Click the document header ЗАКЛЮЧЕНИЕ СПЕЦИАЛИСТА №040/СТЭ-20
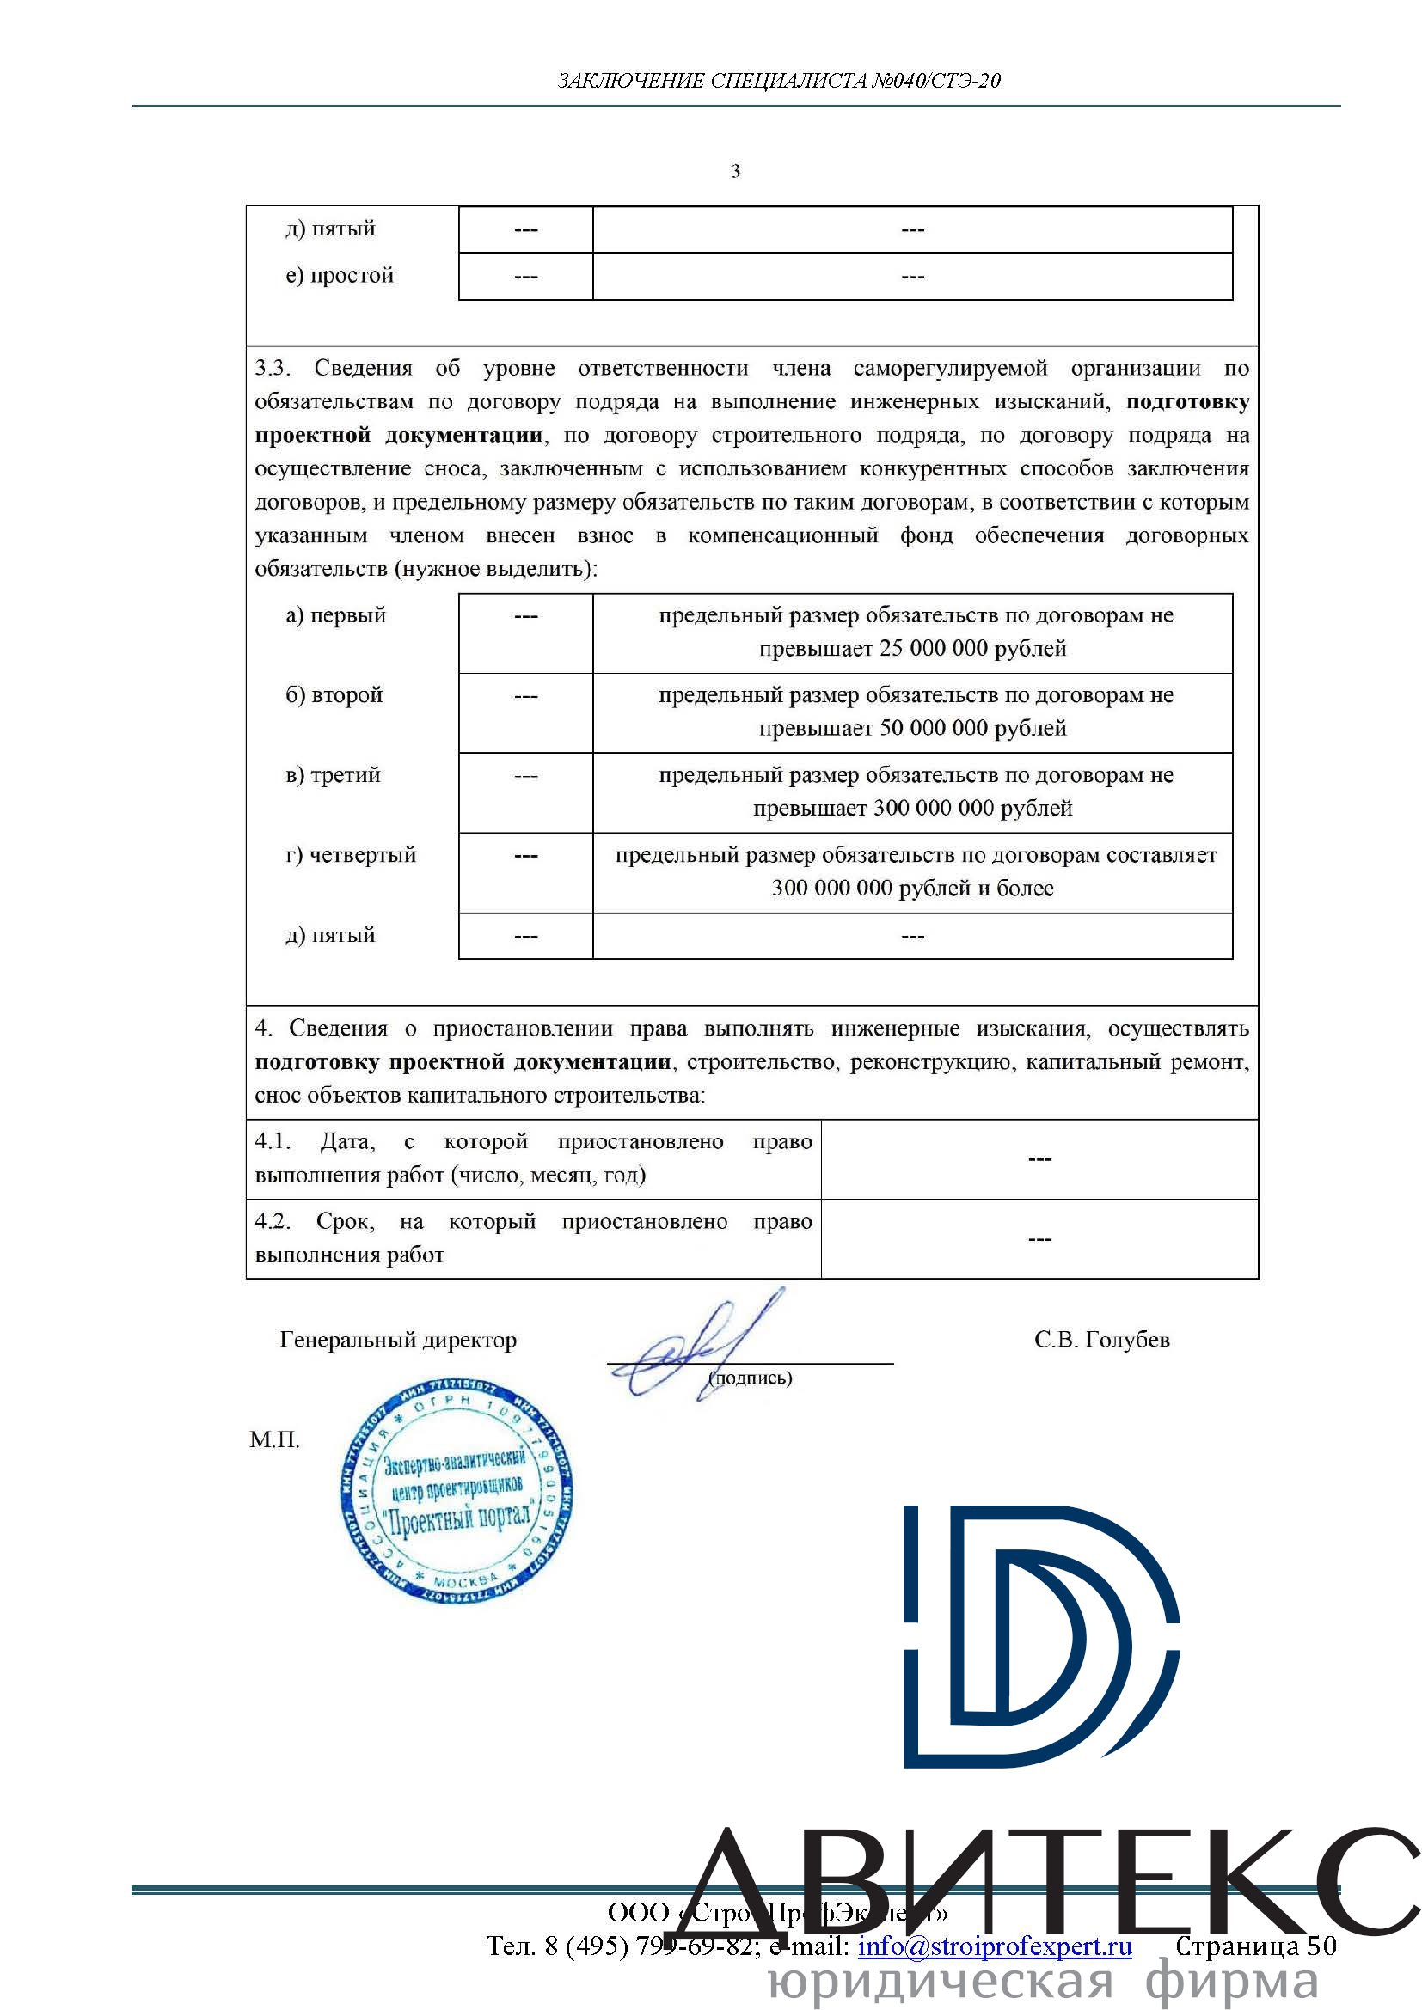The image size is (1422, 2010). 778,81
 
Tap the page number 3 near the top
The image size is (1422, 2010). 736,172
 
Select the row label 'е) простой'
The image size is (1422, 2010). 340,276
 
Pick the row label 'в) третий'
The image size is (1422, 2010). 333,775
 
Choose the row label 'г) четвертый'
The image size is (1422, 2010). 350,855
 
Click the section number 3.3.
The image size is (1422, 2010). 273,368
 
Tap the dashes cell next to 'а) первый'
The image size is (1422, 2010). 525,617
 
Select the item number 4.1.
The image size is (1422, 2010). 273,1141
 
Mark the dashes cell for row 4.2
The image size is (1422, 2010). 1039,1240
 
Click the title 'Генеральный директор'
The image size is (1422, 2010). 398,1341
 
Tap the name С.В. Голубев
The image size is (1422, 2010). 1101,1341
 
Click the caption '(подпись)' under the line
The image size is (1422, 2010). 751,1378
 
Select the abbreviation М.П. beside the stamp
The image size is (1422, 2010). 274,1440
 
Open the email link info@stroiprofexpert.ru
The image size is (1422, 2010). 994,1946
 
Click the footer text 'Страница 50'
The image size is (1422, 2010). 1254,1946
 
